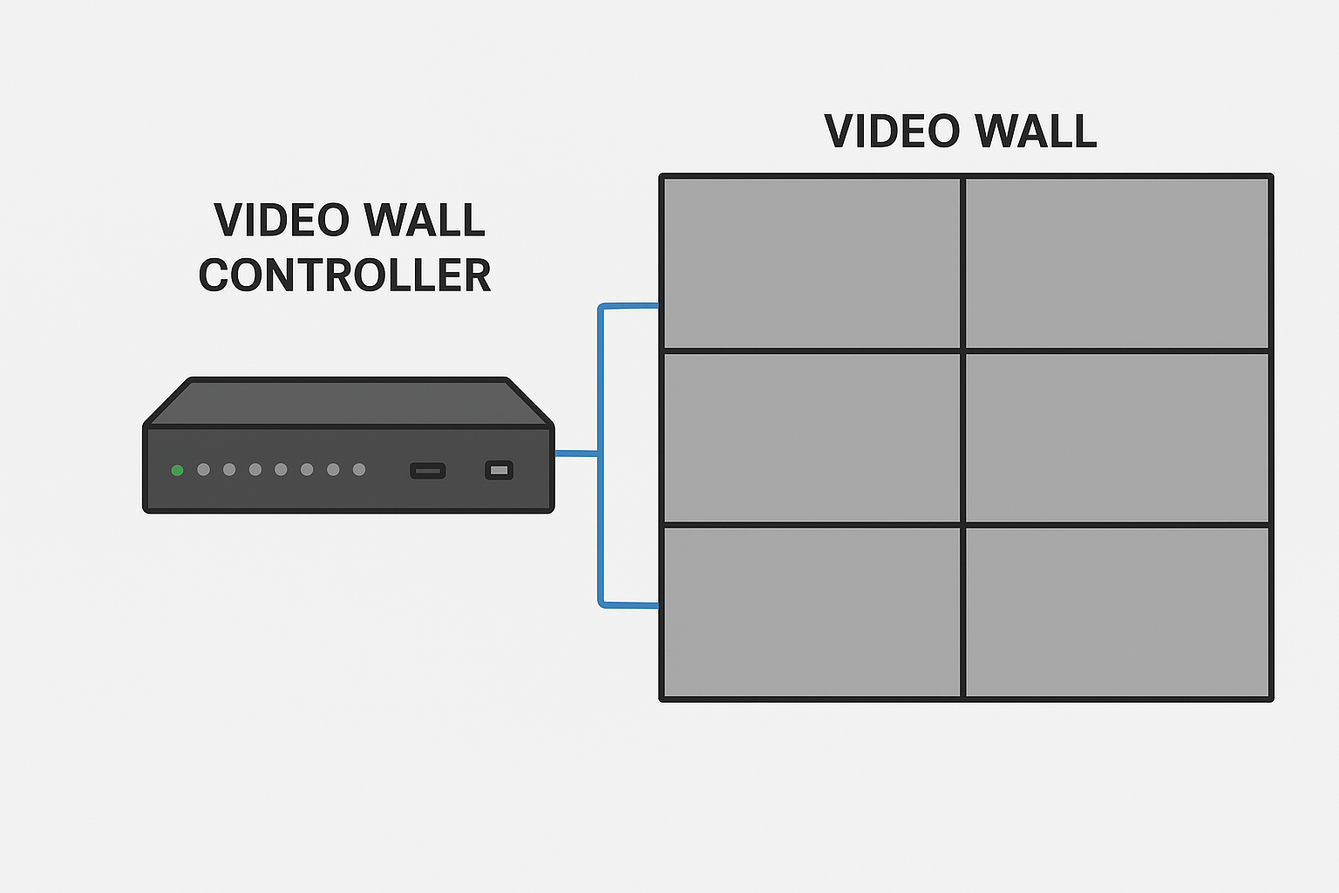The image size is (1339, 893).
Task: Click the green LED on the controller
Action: pyautogui.click(x=177, y=470)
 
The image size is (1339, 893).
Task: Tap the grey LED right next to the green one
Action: pyautogui.click(x=203, y=469)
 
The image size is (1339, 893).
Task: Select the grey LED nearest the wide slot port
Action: pyautogui.click(x=358, y=469)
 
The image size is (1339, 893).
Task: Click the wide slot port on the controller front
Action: pyautogui.click(x=427, y=471)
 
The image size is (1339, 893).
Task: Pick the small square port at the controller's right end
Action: pyautogui.click(x=500, y=470)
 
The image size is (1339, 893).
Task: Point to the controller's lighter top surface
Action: pyautogui.click(x=348, y=403)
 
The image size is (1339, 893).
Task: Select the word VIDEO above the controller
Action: pyautogui.click(x=282, y=220)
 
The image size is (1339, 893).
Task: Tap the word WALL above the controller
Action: pyautogui.click(x=424, y=220)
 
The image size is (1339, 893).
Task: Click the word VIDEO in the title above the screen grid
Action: pyautogui.click(x=892, y=131)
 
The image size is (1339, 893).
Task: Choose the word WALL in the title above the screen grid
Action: pyautogui.click(x=1036, y=131)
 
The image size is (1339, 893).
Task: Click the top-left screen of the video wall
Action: pyautogui.click(x=812, y=262)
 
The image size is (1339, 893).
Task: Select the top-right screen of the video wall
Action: pyautogui.click(x=1118, y=262)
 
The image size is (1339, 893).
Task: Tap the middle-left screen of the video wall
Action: pyautogui.click(x=812, y=438)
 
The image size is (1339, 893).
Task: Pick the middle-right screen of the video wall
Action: pyautogui.click(x=1118, y=438)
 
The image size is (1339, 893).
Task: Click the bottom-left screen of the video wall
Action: pyautogui.click(x=812, y=612)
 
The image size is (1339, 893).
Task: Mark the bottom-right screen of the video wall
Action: pyautogui.click(x=1118, y=612)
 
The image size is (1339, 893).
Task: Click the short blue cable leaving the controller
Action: pyautogui.click(x=576, y=453)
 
